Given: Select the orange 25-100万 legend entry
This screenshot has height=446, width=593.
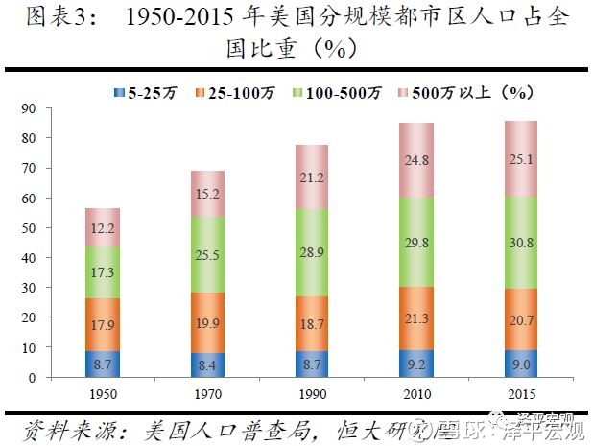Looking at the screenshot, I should pos(227,92).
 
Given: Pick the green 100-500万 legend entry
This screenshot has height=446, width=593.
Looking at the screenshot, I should pos(333,92).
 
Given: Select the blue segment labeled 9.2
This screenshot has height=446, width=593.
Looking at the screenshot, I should pos(417,364).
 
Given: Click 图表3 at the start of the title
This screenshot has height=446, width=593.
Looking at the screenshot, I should pos(54,18).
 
